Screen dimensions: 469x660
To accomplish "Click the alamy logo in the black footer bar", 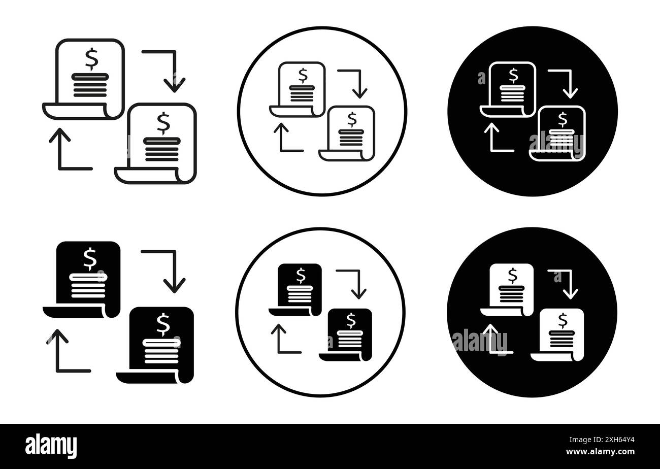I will pyautogui.click(x=51, y=446).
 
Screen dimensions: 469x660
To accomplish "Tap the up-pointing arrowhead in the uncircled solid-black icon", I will pyautogui.click(x=57, y=337).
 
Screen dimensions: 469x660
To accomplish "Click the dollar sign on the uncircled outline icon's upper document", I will pyautogui.click(x=91, y=58).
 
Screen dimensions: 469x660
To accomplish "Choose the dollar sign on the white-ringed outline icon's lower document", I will pyautogui.click(x=352, y=119).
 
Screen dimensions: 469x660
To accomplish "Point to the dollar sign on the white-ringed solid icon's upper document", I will pyautogui.click(x=301, y=275).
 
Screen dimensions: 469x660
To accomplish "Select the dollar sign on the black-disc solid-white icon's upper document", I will pyautogui.click(x=512, y=275).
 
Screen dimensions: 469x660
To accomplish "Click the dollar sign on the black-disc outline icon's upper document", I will pyautogui.click(x=513, y=75).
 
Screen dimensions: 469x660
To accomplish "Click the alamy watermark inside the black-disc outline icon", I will pyautogui.click(x=556, y=142).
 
